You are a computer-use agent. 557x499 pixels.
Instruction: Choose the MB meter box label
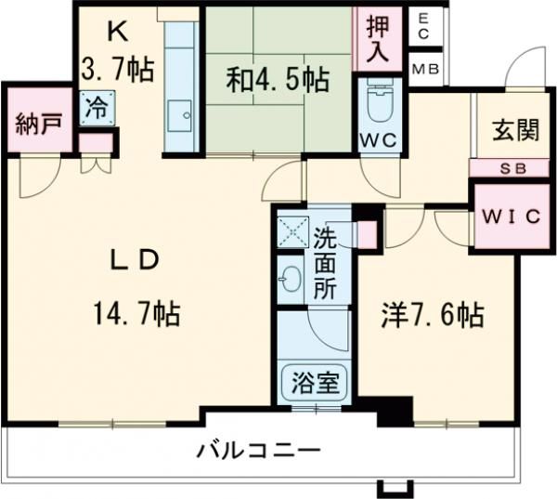(x=426, y=69)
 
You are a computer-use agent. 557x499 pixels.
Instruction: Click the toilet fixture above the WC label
(x=380, y=107)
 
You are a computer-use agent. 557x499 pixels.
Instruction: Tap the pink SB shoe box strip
(x=504, y=168)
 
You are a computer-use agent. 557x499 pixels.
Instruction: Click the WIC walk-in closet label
(x=509, y=217)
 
